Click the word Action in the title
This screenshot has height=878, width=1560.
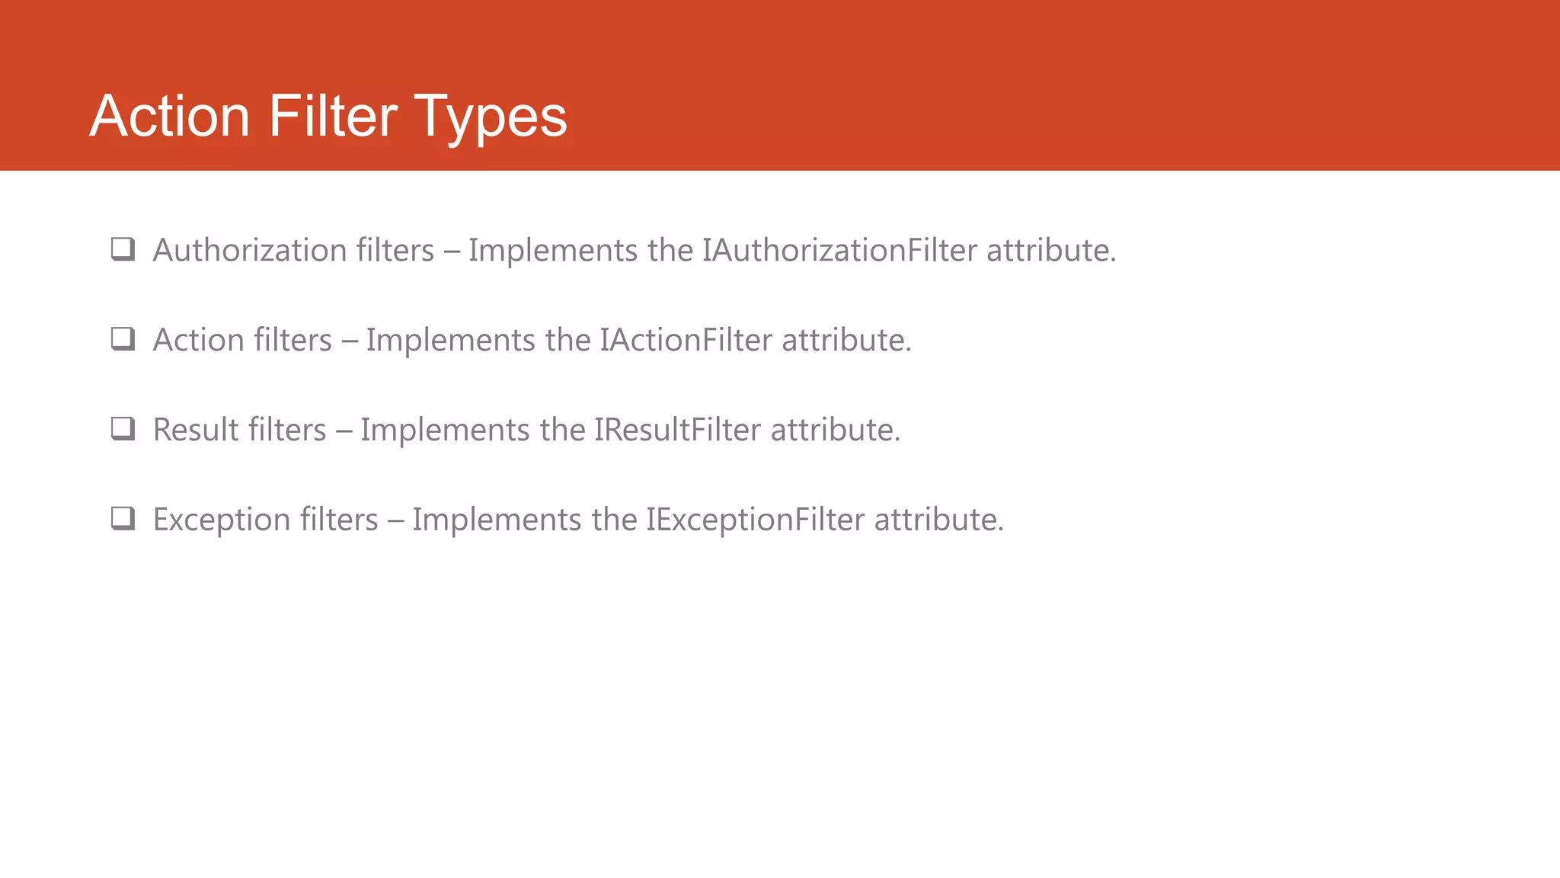[x=170, y=117]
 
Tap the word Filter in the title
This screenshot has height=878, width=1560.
[x=332, y=117]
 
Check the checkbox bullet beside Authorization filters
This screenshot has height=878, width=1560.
[x=123, y=249]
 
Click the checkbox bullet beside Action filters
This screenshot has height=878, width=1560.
[x=123, y=339]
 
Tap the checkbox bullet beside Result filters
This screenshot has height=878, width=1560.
[x=123, y=429]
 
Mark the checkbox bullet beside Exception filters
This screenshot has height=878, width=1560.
[x=123, y=519]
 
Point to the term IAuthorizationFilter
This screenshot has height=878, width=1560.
[x=839, y=251]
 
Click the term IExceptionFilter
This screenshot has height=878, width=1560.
[x=755, y=521]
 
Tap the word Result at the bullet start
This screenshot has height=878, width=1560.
[x=196, y=431]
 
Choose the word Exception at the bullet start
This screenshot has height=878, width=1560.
[x=222, y=521]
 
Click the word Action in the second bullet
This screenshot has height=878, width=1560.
[x=198, y=341]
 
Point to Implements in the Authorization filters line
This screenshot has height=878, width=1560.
[x=553, y=251]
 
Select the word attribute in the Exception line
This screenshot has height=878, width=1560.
[x=938, y=521]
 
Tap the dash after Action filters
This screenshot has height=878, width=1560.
[x=349, y=341]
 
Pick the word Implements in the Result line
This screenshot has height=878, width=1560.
[x=445, y=431]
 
